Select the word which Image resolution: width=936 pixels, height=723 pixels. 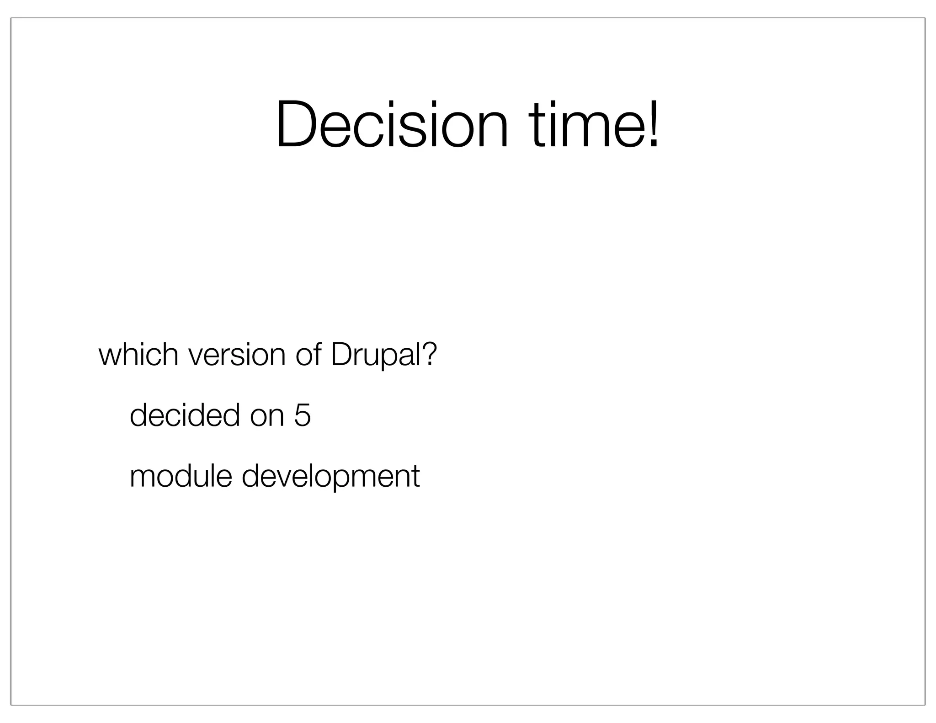[x=138, y=355]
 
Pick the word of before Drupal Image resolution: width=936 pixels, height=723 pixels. [x=308, y=355]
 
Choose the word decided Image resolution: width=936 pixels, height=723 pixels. [x=185, y=415]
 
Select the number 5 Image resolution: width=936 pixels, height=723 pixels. [x=303, y=415]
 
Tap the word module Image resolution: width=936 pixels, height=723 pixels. [x=181, y=476]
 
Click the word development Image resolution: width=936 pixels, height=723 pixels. [x=330, y=477]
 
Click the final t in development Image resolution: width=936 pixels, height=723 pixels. [x=415, y=477]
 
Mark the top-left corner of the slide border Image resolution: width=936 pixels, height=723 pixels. [x=11, y=18]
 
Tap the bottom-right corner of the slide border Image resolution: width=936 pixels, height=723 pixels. [x=925, y=705]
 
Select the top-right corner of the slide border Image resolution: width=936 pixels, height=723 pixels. [x=925, y=18]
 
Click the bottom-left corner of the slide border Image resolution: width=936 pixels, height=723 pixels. [x=11, y=705]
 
